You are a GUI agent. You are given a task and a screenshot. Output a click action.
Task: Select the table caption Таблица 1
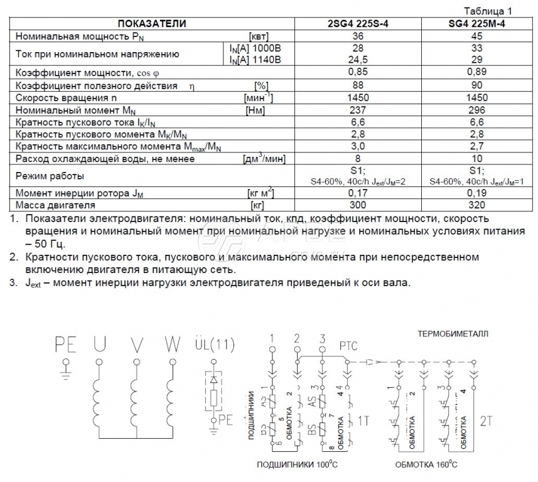[x=488, y=11]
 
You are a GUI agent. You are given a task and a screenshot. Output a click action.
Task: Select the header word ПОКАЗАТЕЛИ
[x=153, y=24]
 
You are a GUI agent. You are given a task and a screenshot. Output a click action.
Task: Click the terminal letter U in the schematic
[x=99, y=345]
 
